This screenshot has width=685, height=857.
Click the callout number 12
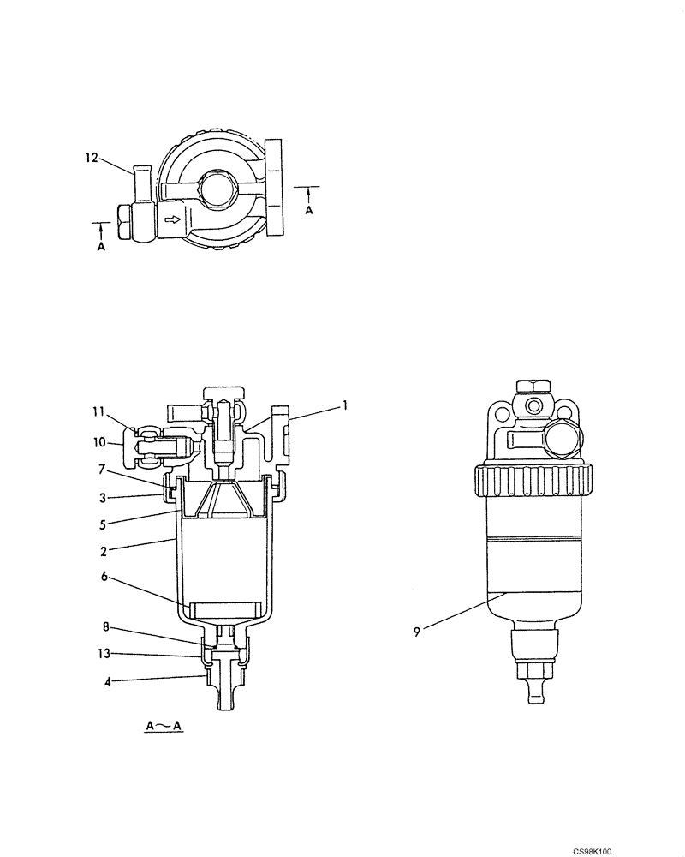tap(91, 158)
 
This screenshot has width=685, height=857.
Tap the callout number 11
tap(99, 411)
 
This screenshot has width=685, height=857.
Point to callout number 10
tap(99, 442)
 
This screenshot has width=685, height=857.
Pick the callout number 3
tap(101, 497)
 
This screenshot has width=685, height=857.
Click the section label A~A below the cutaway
tap(164, 727)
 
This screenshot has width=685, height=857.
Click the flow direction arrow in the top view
tap(172, 221)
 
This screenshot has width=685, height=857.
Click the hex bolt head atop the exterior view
tap(533, 387)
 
